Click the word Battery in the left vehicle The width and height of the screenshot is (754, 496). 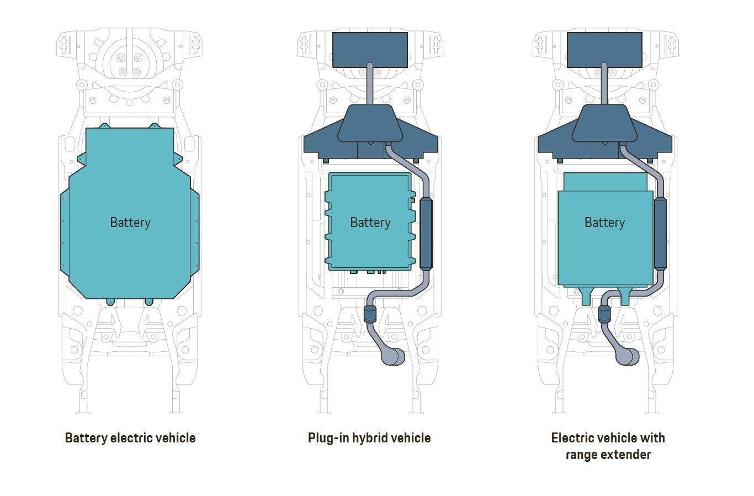130,223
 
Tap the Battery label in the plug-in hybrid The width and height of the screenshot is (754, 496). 370,223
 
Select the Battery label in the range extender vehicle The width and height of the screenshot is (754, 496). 604,223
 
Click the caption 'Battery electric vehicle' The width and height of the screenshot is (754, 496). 130,438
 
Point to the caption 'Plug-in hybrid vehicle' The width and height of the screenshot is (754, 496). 369,438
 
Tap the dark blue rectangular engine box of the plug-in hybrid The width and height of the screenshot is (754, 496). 370,50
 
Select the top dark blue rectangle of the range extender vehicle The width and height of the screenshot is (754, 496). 604,50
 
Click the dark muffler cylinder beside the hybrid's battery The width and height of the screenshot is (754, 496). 426,234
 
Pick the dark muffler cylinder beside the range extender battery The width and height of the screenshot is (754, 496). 660,234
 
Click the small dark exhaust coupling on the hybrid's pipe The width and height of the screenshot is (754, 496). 370,315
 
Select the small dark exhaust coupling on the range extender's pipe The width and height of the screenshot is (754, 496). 604,315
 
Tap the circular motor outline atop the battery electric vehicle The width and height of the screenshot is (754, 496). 130,62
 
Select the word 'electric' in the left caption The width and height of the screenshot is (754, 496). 130,438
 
